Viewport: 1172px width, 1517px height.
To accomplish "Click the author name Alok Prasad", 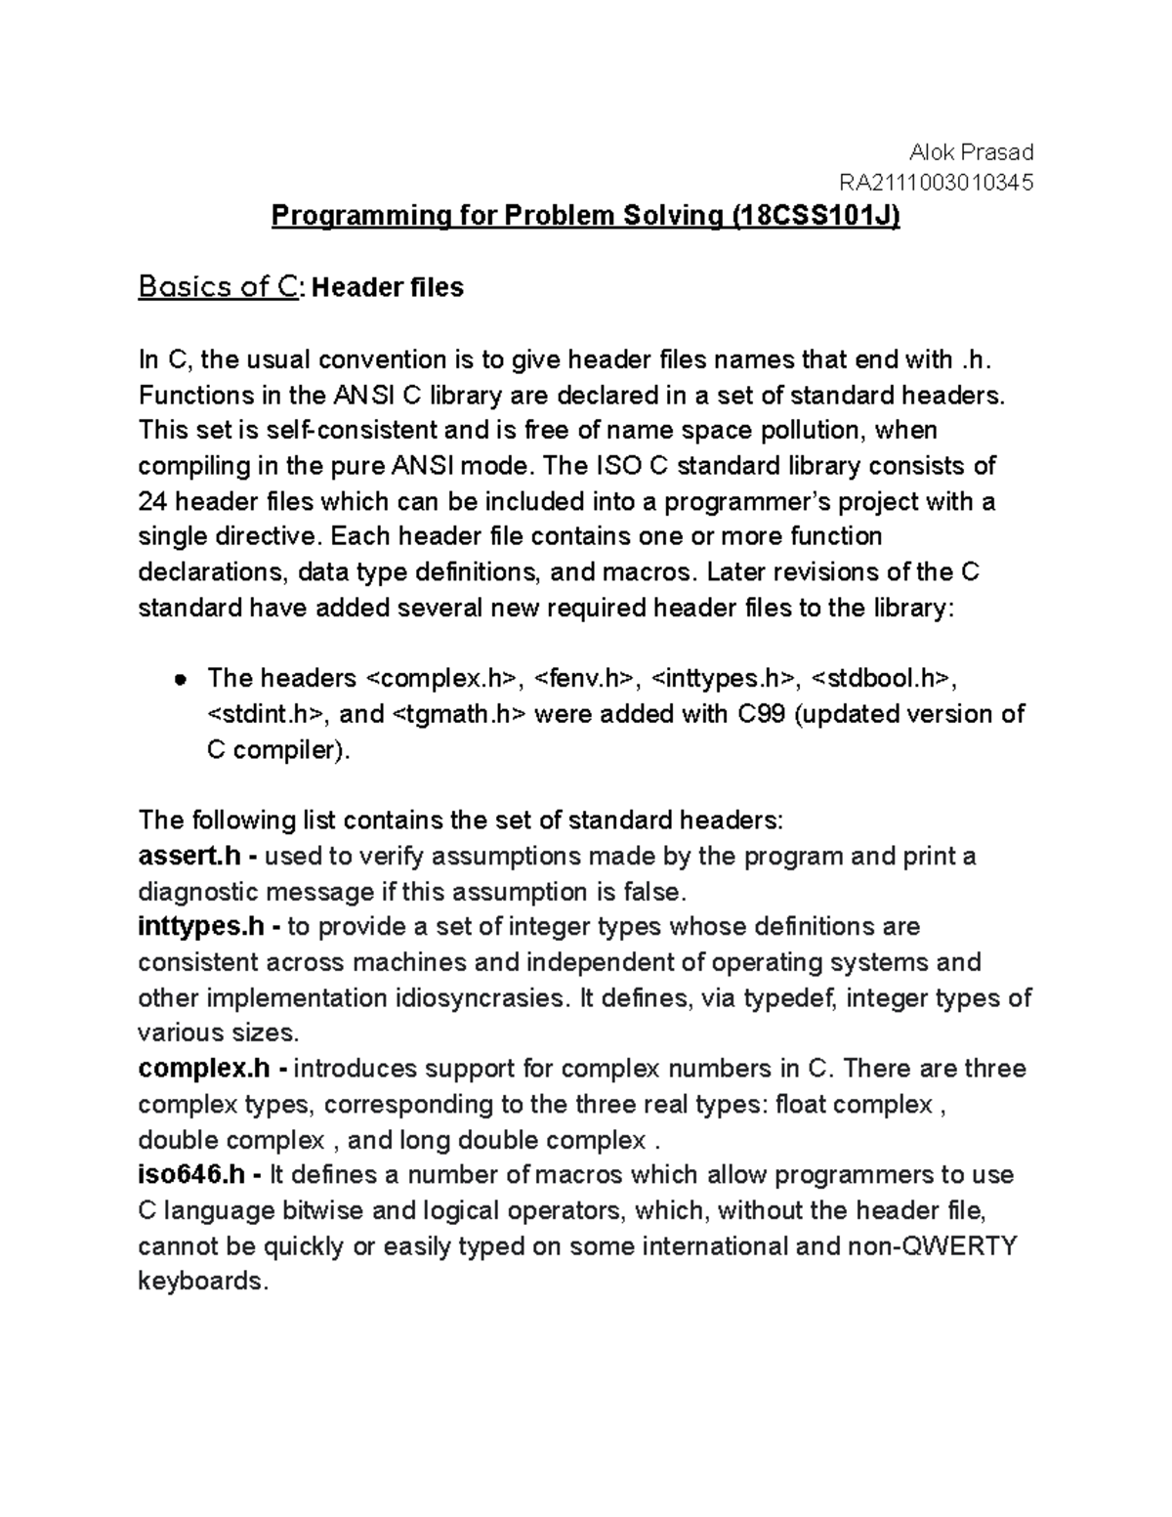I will click(x=971, y=151).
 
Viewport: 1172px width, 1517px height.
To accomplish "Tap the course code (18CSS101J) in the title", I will click(x=815, y=215).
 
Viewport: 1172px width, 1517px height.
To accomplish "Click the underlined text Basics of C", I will click(x=217, y=287).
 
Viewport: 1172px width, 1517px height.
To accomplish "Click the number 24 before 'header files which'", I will click(x=153, y=502).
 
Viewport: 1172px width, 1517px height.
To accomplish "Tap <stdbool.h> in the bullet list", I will click(x=880, y=678).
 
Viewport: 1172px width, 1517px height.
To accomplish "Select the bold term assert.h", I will click(x=189, y=857).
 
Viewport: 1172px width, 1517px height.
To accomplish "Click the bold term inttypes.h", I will click(x=201, y=926).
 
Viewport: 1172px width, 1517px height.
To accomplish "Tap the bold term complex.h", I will click(x=204, y=1069).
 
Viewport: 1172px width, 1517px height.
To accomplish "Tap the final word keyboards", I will click(x=202, y=1281).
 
